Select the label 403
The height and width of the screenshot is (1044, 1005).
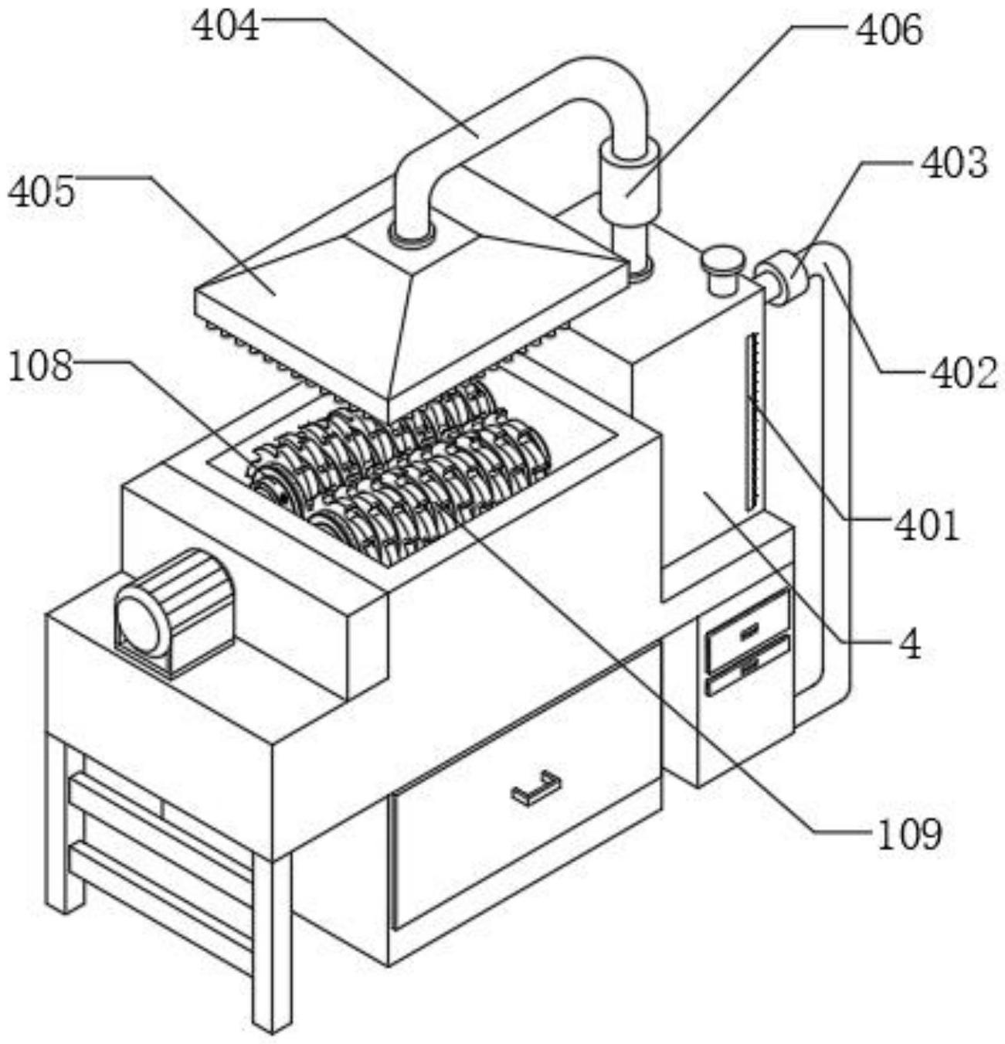click(953, 163)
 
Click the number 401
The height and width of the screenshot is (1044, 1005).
click(925, 525)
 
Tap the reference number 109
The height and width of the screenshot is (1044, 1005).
click(909, 834)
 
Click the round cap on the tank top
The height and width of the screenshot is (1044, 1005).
click(722, 268)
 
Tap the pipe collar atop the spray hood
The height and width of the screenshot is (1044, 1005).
click(411, 235)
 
